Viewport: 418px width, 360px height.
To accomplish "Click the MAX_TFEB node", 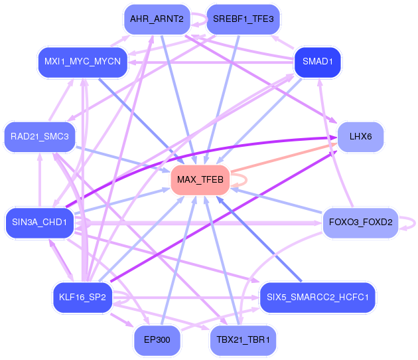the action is (200, 179).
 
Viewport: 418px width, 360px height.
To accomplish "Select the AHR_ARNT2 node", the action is (157, 19).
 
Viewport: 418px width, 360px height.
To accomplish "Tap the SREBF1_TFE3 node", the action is (243, 19).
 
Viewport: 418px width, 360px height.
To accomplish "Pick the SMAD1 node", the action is (318, 62).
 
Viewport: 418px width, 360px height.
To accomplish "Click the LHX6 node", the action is (360, 137).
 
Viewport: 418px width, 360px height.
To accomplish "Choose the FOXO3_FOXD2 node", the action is (360, 223).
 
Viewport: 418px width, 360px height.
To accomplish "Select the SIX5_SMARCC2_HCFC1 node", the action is (318, 298).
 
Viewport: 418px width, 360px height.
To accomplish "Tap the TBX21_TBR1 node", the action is (243, 340).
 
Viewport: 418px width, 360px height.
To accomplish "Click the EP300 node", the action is (157, 340).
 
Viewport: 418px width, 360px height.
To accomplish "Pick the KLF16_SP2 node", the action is (82, 298).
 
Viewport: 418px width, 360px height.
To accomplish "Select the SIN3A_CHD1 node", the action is (39, 223).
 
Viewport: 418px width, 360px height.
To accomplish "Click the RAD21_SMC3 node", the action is (39, 137).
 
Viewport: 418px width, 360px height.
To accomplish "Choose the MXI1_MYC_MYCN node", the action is (82, 62).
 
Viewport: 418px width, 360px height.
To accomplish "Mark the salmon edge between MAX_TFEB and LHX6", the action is (284, 157).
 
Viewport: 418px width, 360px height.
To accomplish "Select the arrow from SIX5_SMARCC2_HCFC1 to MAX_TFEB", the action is (259, 239).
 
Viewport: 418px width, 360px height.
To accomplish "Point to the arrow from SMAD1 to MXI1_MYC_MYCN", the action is (211, 62).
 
